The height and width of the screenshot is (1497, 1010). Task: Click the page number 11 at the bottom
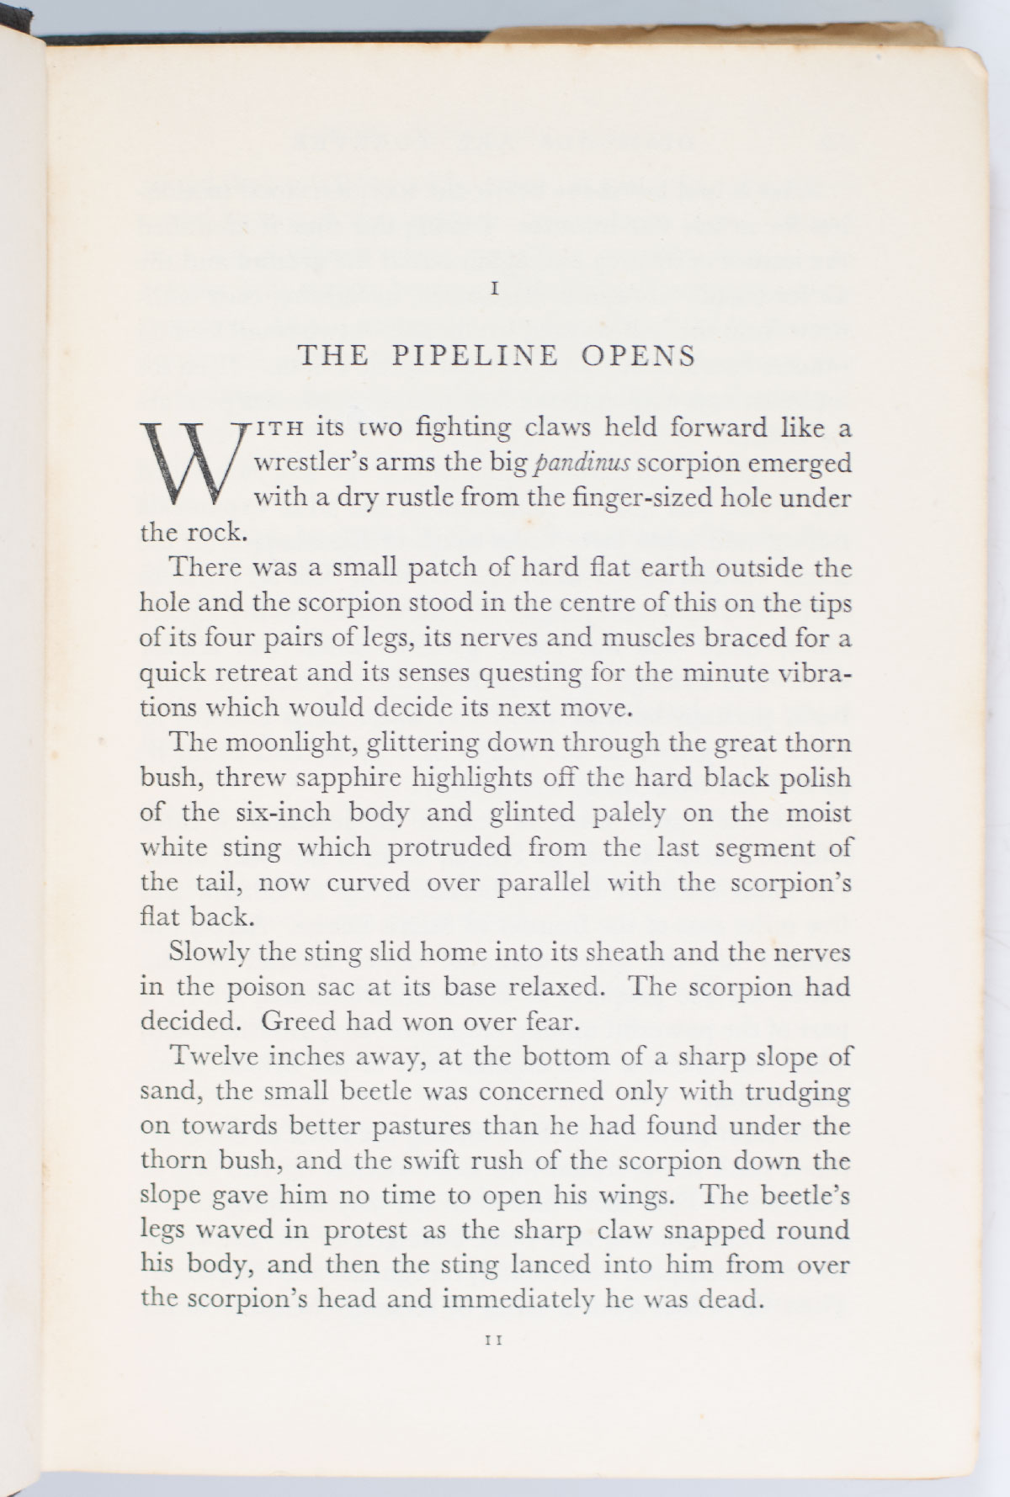click(495, 1364)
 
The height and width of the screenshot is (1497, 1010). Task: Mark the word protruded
click(449, 847)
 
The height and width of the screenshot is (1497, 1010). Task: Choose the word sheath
click(628, 952)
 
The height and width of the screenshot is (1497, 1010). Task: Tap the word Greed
click(295, 1021)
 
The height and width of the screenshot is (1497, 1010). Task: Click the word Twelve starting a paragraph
click(213, 1056)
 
